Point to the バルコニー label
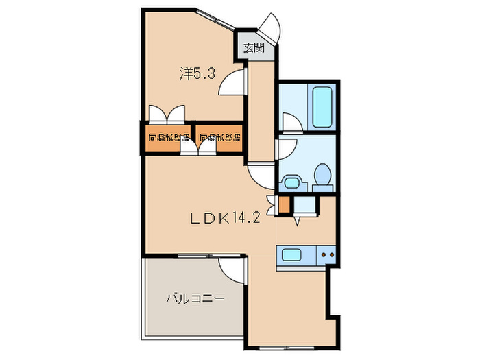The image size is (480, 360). coord(195,299)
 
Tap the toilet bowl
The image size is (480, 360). coord(321,177)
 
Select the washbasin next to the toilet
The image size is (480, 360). coord(293,182)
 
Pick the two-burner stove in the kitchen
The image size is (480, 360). coord(327,256)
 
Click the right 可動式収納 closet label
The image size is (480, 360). coord(219,139)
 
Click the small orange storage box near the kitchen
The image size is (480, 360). coord(284,204)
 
